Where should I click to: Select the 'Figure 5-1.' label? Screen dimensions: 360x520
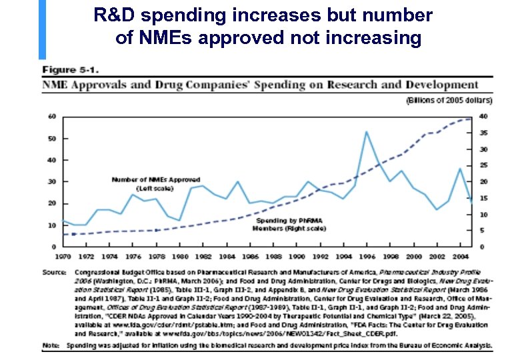(x=71, y=69)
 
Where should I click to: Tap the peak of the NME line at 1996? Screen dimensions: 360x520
(x=366, y=131)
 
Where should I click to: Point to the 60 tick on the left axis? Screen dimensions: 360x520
(x=52, y=117)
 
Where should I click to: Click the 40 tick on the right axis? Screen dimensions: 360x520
(x=483, y=117)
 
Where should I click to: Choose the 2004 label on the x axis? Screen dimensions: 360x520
(x=459, y=256)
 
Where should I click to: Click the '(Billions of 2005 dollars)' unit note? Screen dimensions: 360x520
(x=449, y=101)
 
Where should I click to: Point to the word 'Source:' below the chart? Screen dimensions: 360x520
(x=54, y=272)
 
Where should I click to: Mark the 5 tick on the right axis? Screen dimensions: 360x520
(x=482, y=231)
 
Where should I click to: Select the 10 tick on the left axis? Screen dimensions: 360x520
(x=52, y=225)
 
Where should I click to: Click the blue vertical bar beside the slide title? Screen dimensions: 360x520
(x=43, y=30)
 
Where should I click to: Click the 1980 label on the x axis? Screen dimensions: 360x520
(x=179, y=256)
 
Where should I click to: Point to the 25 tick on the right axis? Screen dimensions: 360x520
(x=483, y=165)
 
